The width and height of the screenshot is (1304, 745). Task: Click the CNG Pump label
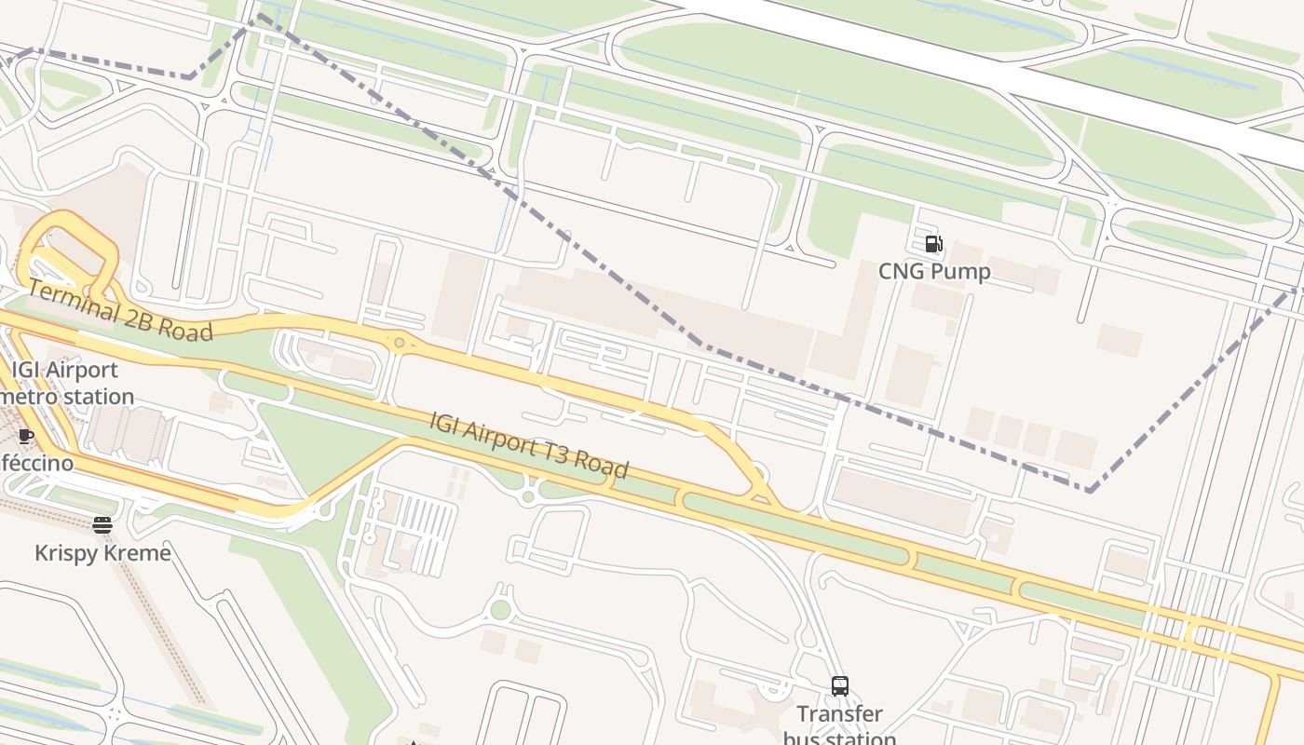(x=934, y=271)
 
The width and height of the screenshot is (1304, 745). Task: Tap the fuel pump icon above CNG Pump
(x=933, y=245)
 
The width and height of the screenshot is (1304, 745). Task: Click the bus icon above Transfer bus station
(x=840, y=686)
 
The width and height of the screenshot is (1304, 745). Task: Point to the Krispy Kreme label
(x=102, y=553)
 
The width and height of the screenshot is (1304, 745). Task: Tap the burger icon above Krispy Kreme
(x=102, y=525)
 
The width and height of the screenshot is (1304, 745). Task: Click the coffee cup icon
(x=25, y=436)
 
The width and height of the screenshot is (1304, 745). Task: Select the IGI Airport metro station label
(x=65, y=383)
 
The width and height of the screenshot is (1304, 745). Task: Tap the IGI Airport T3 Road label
(x=528, y=445)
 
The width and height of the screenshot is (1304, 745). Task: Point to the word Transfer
(x=839, y=714)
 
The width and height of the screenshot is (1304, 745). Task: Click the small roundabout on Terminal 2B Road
(x=400, y=344)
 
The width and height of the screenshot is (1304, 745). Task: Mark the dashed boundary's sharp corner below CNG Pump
(x=1088, y=489)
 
